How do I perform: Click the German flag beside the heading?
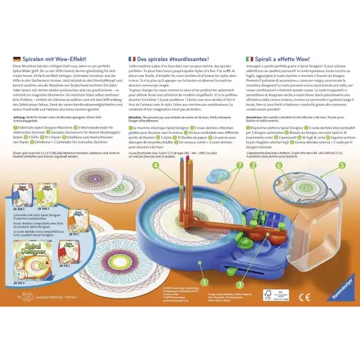coord(17,58)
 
